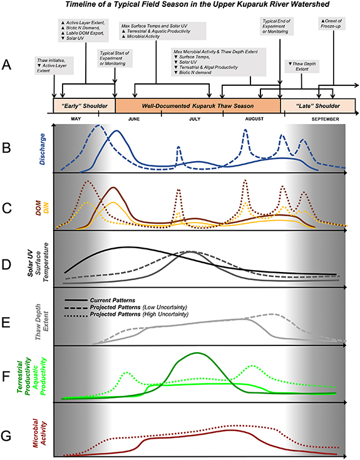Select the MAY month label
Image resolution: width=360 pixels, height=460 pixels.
tap(76, 119)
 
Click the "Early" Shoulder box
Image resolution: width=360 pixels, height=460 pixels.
tap(84, 105)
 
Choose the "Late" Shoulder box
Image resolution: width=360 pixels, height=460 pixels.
tap(317, 105)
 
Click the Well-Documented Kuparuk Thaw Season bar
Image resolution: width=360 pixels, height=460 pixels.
tap(197, 105)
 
